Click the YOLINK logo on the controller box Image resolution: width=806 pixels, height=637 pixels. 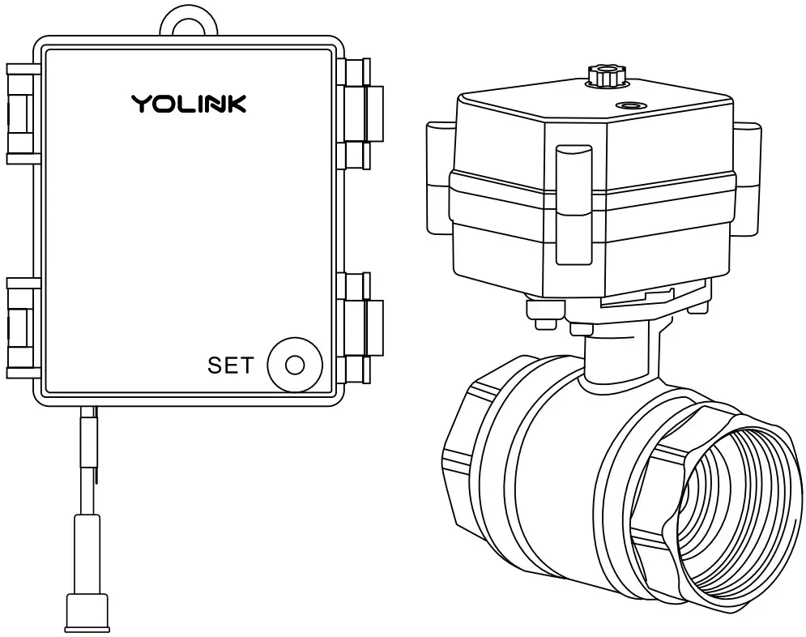[189, 104]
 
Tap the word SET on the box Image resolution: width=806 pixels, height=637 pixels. [230, 366]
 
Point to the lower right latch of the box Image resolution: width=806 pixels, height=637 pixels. [356, 327]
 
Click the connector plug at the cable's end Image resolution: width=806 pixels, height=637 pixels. [87, 611]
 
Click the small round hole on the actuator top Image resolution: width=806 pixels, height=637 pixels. [629, 105]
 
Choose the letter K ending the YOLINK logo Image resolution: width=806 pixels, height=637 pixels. [236, 104]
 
